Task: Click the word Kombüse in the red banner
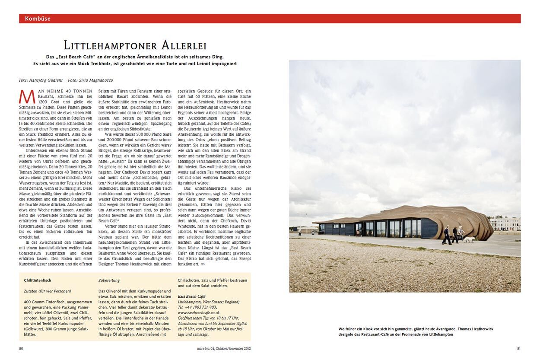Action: [38, 19]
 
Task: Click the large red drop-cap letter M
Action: [27, 96]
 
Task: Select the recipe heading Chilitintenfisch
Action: [38, 280]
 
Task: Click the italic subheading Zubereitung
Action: [109, 280]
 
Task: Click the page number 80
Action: [22, 348]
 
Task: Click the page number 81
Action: [518, 348]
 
